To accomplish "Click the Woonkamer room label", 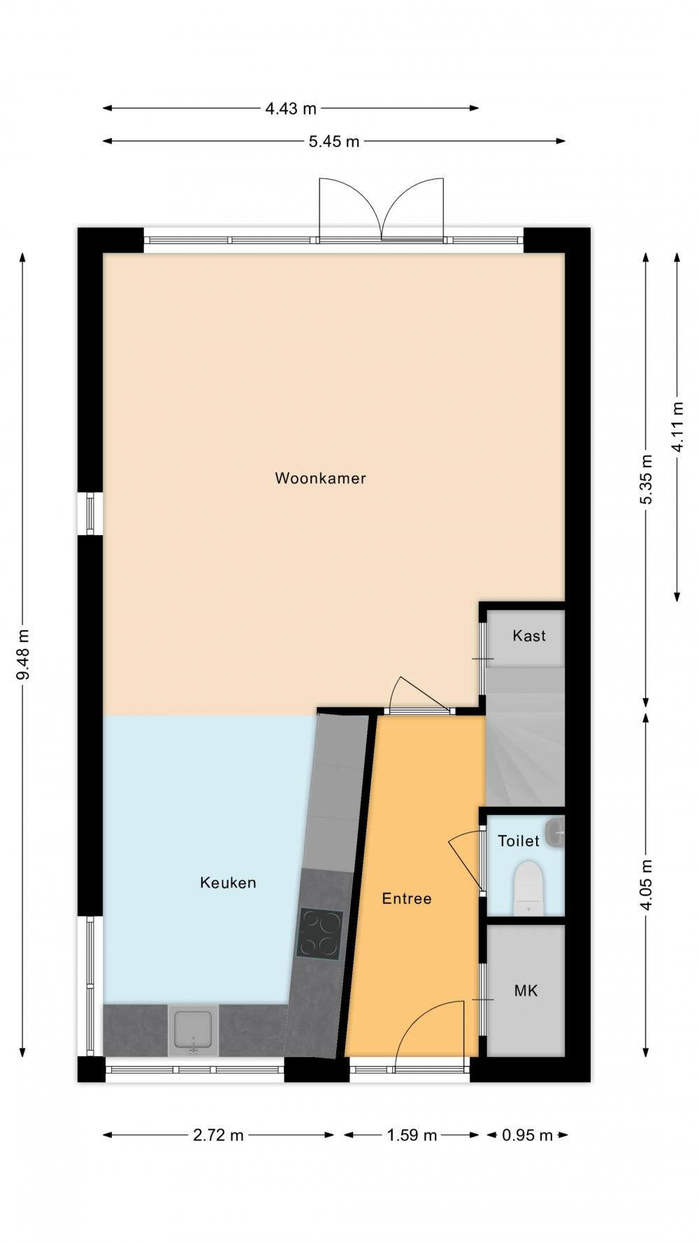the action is (320, 478).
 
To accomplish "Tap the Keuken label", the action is (228, 883).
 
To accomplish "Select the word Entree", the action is (406, 899).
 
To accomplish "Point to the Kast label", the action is (528, 636).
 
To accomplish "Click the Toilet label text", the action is (518, 841).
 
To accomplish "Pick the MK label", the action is (526, 990).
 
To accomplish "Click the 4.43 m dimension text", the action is (291, 108).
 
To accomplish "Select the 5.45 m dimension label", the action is (334, 141).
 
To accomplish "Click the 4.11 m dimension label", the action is (677, 427).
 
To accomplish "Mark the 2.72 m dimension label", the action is (218, 1135).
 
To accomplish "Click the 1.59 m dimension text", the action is (412, 1135).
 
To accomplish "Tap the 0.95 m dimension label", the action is (527, 1135).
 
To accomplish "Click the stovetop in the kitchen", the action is (319, 934).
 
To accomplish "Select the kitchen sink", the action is (193, 1030).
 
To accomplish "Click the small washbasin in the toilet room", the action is (556, 832).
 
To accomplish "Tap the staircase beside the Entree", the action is (525, 736).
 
